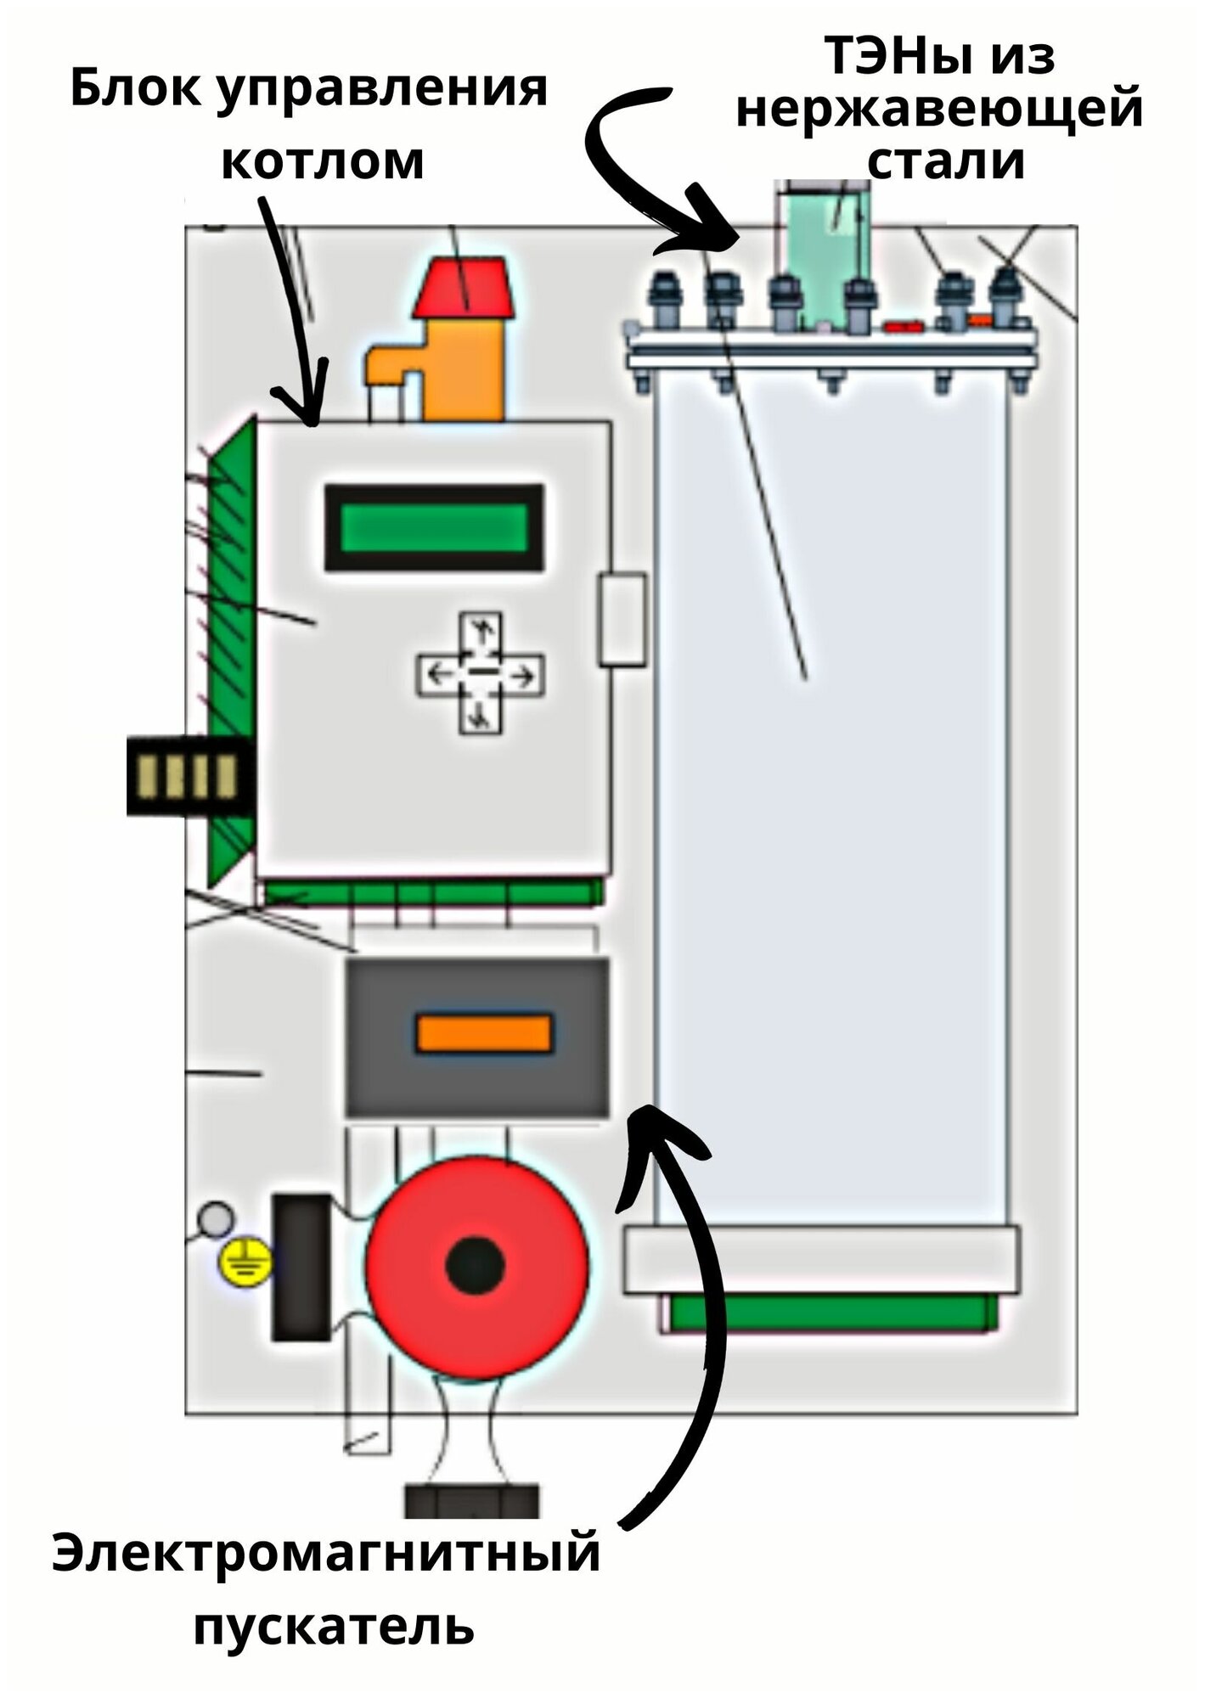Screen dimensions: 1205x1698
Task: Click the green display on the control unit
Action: point(434,527)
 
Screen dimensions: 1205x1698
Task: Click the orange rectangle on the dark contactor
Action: point(483,1033)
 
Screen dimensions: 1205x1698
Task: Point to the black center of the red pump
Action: point(476,1265)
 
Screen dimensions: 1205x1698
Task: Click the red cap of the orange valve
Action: point(463,289)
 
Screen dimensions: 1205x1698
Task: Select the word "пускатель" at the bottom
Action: point(334,1626)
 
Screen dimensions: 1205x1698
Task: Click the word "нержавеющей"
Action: point(939,109)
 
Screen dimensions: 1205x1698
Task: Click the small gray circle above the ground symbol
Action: point(215,1220)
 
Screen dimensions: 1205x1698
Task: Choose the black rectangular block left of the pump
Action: point(301,1267)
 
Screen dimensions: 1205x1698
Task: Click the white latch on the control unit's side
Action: point(622,618)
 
